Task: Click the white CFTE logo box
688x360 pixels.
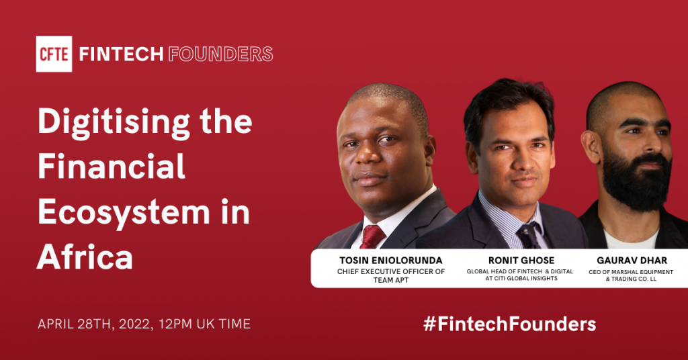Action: click(x=53, y=54)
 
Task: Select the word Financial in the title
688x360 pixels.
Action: click(x=111, y=167)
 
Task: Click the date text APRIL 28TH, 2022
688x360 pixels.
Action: click(x=94, y=324)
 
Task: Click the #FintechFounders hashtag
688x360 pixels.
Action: click(x=509, y=324)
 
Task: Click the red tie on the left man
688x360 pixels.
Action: click(x=372, y=237)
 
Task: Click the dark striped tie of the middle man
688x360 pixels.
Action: click(x=527, y=235)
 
